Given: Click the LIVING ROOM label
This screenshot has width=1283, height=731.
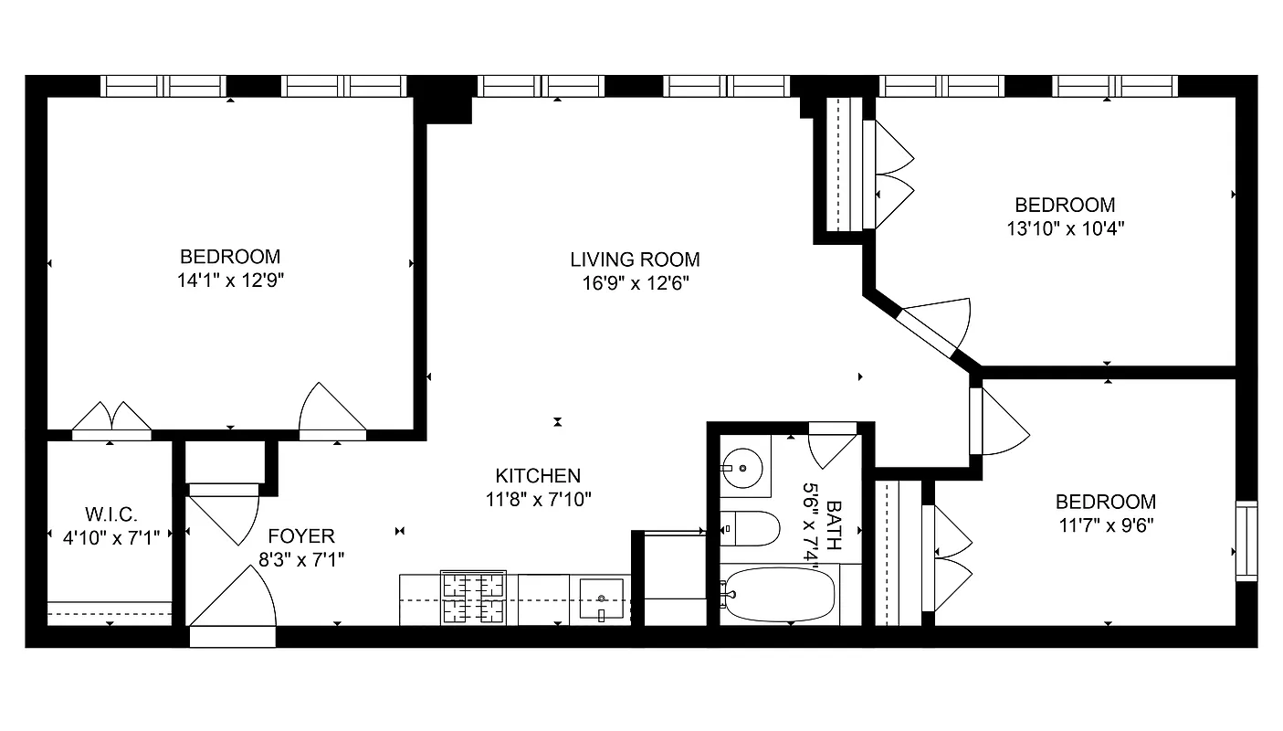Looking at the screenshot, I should [635, 260].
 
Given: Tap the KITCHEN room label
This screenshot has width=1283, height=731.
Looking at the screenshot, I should [538, 475].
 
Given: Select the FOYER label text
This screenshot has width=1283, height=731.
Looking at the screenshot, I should [301, 535].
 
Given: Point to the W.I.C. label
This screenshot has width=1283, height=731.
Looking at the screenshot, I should [111, 514].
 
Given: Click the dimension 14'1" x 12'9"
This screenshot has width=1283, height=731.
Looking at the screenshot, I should [230, 281].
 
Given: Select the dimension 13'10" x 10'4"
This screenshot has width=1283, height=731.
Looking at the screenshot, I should [1065, 228].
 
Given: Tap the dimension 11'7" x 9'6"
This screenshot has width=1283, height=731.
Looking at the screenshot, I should [1105, 525].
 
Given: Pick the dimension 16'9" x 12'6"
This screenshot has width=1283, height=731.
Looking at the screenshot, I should [635, 283].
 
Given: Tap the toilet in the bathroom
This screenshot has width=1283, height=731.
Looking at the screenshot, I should [751, 528].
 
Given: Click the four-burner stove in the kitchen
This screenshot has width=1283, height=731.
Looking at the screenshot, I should [473, 599].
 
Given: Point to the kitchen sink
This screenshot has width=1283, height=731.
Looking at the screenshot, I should [601, 599].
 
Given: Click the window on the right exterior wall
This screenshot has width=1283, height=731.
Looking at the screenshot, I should [1246, 540].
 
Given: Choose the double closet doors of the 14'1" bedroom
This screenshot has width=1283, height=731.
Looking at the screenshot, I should [111, 419].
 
